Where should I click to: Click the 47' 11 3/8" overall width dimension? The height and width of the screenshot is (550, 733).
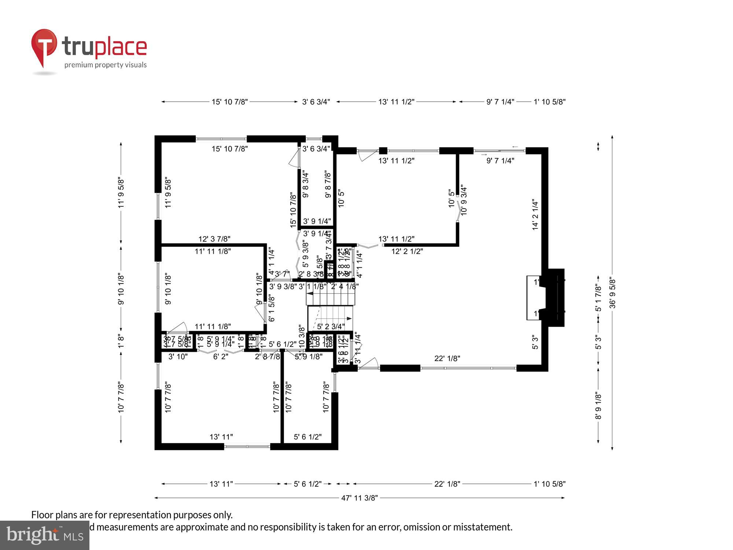pos(359,498)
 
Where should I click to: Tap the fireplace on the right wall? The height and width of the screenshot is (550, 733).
pos(553,298)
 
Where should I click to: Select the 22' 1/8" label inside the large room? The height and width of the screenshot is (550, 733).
pos(447,358)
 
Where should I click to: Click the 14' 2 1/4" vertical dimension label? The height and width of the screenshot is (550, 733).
pos(535,214)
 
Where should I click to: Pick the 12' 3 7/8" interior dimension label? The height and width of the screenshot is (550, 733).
pos(214,239)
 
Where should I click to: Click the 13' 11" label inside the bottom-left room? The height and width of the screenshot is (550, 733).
pos(221,437)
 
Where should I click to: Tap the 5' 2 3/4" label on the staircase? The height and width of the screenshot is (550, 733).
pos(331,326)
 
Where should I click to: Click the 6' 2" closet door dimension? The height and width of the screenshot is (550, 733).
pos(221,356)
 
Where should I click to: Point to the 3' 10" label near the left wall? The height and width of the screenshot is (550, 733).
pos(178,356)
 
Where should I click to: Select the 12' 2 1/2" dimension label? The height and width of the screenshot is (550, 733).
pos(407,251)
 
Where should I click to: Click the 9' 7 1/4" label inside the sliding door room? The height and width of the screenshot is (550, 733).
pos(500,160)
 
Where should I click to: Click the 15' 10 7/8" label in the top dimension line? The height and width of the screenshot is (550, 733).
pos(230,102)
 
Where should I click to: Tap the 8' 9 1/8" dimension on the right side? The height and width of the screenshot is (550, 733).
pos(598,406)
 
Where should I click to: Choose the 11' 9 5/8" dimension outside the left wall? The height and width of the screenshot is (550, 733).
pos(121,193)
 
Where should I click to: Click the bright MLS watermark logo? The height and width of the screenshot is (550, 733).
pos(45,535)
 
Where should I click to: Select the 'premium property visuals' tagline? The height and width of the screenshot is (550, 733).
pos(106,65)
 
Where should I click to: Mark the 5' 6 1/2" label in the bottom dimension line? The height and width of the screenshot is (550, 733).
pos(307,484)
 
